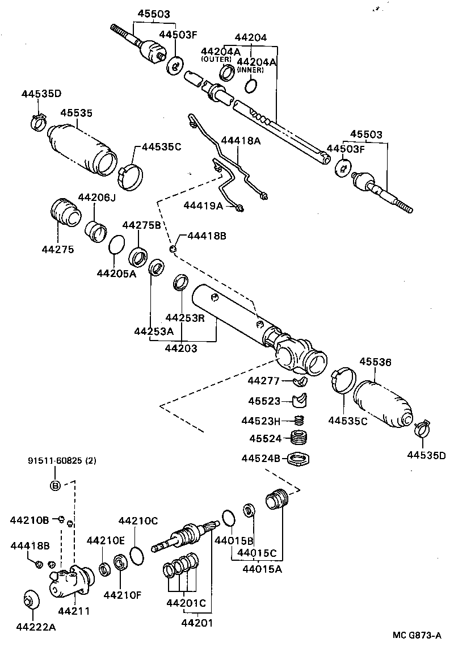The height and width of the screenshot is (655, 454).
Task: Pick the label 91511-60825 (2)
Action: click(62, 461)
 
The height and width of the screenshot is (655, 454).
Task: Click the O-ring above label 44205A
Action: click(116, 245)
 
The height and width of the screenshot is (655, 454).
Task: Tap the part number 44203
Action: click(181, 349)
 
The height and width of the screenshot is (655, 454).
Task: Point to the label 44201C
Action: click(186, 603)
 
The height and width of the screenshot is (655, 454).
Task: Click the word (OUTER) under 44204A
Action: click(216, 59)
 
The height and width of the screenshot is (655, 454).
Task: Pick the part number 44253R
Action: click(184, 318)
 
